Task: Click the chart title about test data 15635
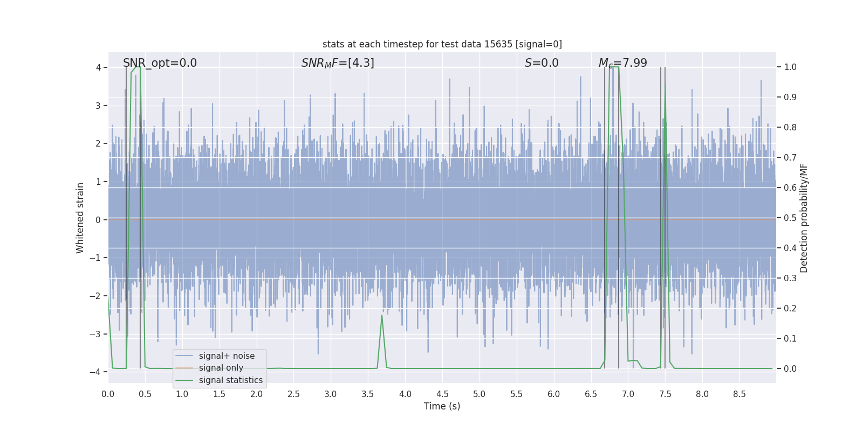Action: coord(442,44)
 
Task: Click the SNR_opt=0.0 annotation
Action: coord(160,63)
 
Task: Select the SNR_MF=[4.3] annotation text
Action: coord(338,63)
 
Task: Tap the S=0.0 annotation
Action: coord(542,63)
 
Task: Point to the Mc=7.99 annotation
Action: coord(622,63)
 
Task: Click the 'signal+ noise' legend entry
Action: coord(227,356)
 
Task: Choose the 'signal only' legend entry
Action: coord(221,368)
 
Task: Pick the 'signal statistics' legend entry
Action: coord(230,380)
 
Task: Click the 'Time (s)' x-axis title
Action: coord(442,406)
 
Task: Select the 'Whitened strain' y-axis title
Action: coord(80,218)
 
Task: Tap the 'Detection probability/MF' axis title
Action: coord(804,218)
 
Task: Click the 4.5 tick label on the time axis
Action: coord(442,394)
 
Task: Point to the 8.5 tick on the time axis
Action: coord(739,394)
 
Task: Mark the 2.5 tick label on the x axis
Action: coord(293,394)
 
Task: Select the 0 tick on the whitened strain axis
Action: coord(98,220)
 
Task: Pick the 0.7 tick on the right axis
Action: coord(790,158)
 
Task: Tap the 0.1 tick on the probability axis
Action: coord(790,339)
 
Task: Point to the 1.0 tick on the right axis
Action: coord(790,67)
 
